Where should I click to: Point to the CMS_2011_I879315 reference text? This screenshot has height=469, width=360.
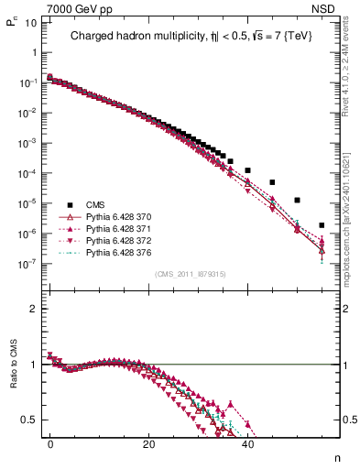coord(190,274)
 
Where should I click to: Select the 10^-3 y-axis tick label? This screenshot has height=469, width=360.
coord(27,143)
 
